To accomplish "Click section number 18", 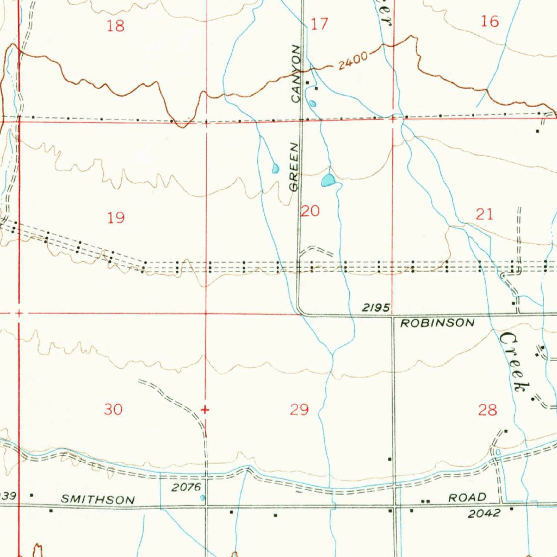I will pyautogui.click(x=115, y=26).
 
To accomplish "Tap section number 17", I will pyautogui.click(x=320, y=24).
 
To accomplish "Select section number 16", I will pyautogui.click(x=490, y=22).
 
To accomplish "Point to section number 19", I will pyautogui.click(x=115, y=218).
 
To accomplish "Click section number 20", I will pyautogui.click(x=310, y=211).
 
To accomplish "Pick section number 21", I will pyautogui.click(x=484, y=214).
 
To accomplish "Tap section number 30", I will pyautogui.click(x=113, y=409).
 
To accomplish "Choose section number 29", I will pyautogui.click(x=299, y=409).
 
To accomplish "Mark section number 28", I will pyautogui.click(x=487, y=410).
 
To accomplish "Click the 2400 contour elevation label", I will pyautogui.click(x=353, y=60).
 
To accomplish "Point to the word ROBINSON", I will pyautogui.click(x=437, y=323).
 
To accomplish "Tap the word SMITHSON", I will pyautogui.click(x=98, y=499).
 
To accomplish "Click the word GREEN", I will pyautogui.click(x=294, y=166).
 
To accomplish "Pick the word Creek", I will pyautogui.click(x=513, y=362).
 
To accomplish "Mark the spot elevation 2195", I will pyautogui.click(x=376, y=308).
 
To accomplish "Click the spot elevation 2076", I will pyautogui.click(x=187, y=487).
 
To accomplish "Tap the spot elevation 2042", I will pyautogui.click(x=484, y=513).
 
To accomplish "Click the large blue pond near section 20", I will pyautogui.click(x=328, y=181).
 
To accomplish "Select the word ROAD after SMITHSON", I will pyautogui.click(x=467, y=498).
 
